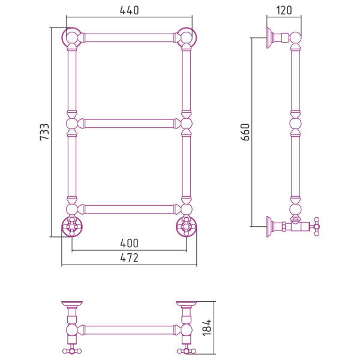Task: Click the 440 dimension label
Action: (x=129, y=10)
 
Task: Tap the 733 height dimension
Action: (x=44, y=132)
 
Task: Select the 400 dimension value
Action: (x=129, y=244)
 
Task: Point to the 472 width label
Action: (x=129, y=258)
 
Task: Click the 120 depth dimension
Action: (x=284, y=10)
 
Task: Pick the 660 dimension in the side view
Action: (x=245, y=132)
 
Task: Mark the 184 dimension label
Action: (x=208, y=328)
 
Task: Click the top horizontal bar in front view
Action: (x=129, y=38)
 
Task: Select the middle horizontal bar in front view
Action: (x=129, y=124)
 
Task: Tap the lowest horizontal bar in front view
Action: (x=129, y=209)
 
